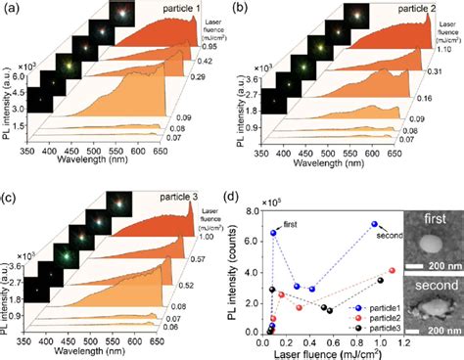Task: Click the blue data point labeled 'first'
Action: click(x=274, y=233)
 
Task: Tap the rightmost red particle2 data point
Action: click(x=392, y=270)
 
